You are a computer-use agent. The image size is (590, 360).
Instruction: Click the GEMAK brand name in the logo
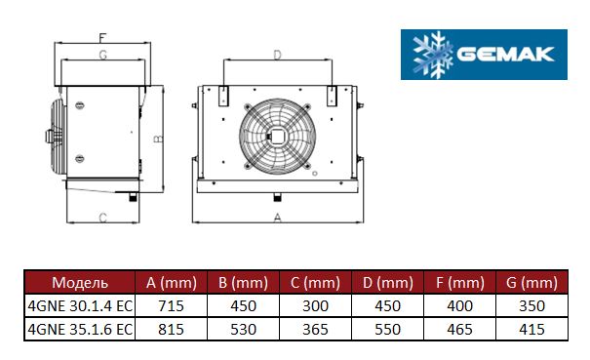coord(505,54)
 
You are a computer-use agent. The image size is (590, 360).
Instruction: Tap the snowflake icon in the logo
coord(433,55)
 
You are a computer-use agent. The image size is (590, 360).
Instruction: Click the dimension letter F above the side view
coord(102,38)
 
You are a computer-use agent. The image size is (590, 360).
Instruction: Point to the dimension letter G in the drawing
coord(102,55)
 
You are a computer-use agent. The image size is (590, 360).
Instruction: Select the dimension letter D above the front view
coord(277,55)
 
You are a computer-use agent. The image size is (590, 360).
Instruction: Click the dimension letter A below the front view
coord(277,218)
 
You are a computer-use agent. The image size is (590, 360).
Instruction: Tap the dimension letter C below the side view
coord(102,218)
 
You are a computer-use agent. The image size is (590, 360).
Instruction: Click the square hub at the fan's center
coord(277,136)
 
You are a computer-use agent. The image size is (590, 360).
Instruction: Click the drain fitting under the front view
coord(277,196)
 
